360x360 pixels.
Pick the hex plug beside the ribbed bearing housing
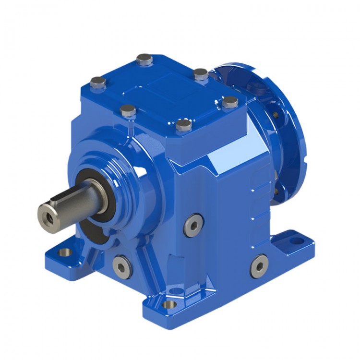coord(193,225)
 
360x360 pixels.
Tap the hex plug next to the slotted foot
coord(259,265)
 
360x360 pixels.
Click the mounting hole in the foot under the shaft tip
coord(62,252)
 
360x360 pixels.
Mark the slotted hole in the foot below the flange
coord(296,239)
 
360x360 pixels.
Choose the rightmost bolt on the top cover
coord(230,102)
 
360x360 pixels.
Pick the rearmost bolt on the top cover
coord(144,59)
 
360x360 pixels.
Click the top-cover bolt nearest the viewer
coord(184,125)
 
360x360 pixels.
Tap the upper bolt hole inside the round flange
coord(276,114)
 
